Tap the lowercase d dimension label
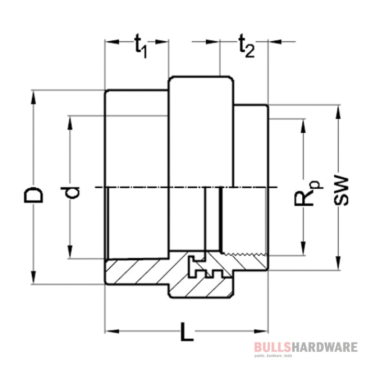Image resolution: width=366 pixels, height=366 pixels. tap(75, 191)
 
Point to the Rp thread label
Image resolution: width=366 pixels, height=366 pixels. tap(308, 193)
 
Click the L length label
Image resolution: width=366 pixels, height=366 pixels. tap(186, 332)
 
